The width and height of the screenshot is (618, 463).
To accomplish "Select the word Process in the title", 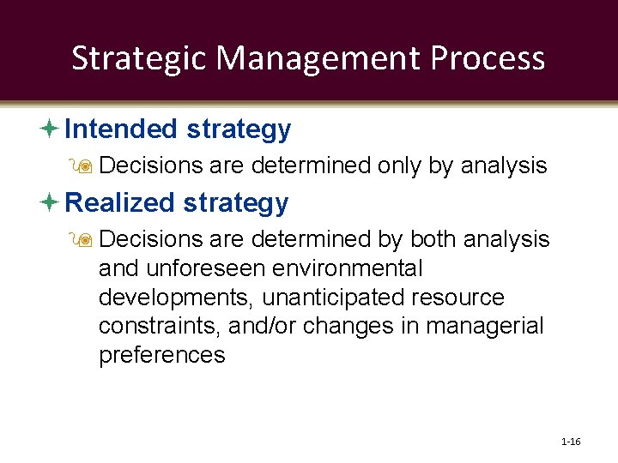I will [x=488, y=58].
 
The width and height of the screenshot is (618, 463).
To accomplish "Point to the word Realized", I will [x=120, y=203].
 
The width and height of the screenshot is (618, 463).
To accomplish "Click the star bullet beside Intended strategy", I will [x=49, y=129].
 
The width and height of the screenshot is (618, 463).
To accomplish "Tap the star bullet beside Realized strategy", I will [x=49, y=203].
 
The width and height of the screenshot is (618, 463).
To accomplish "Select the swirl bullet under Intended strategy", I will [x=85, y=165].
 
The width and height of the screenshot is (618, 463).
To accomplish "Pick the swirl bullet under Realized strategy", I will [x=85, y=239].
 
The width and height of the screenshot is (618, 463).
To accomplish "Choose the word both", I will [x=435, y=239].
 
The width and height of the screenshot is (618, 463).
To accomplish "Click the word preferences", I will [x=162, y=356].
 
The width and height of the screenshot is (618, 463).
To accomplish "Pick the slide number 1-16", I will [x=571, y=442].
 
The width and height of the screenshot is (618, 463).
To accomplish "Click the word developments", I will [x=177, y=298].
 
